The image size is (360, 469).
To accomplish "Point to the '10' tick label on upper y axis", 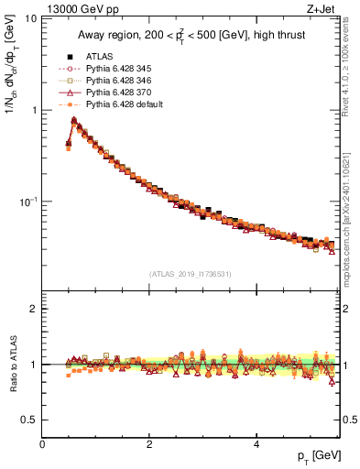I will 29,19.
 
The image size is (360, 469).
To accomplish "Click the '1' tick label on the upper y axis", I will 33,110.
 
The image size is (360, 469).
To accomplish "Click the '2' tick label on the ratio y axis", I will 33,309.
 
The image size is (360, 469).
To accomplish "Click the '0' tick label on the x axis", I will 43,444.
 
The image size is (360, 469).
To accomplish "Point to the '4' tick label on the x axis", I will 256,444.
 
